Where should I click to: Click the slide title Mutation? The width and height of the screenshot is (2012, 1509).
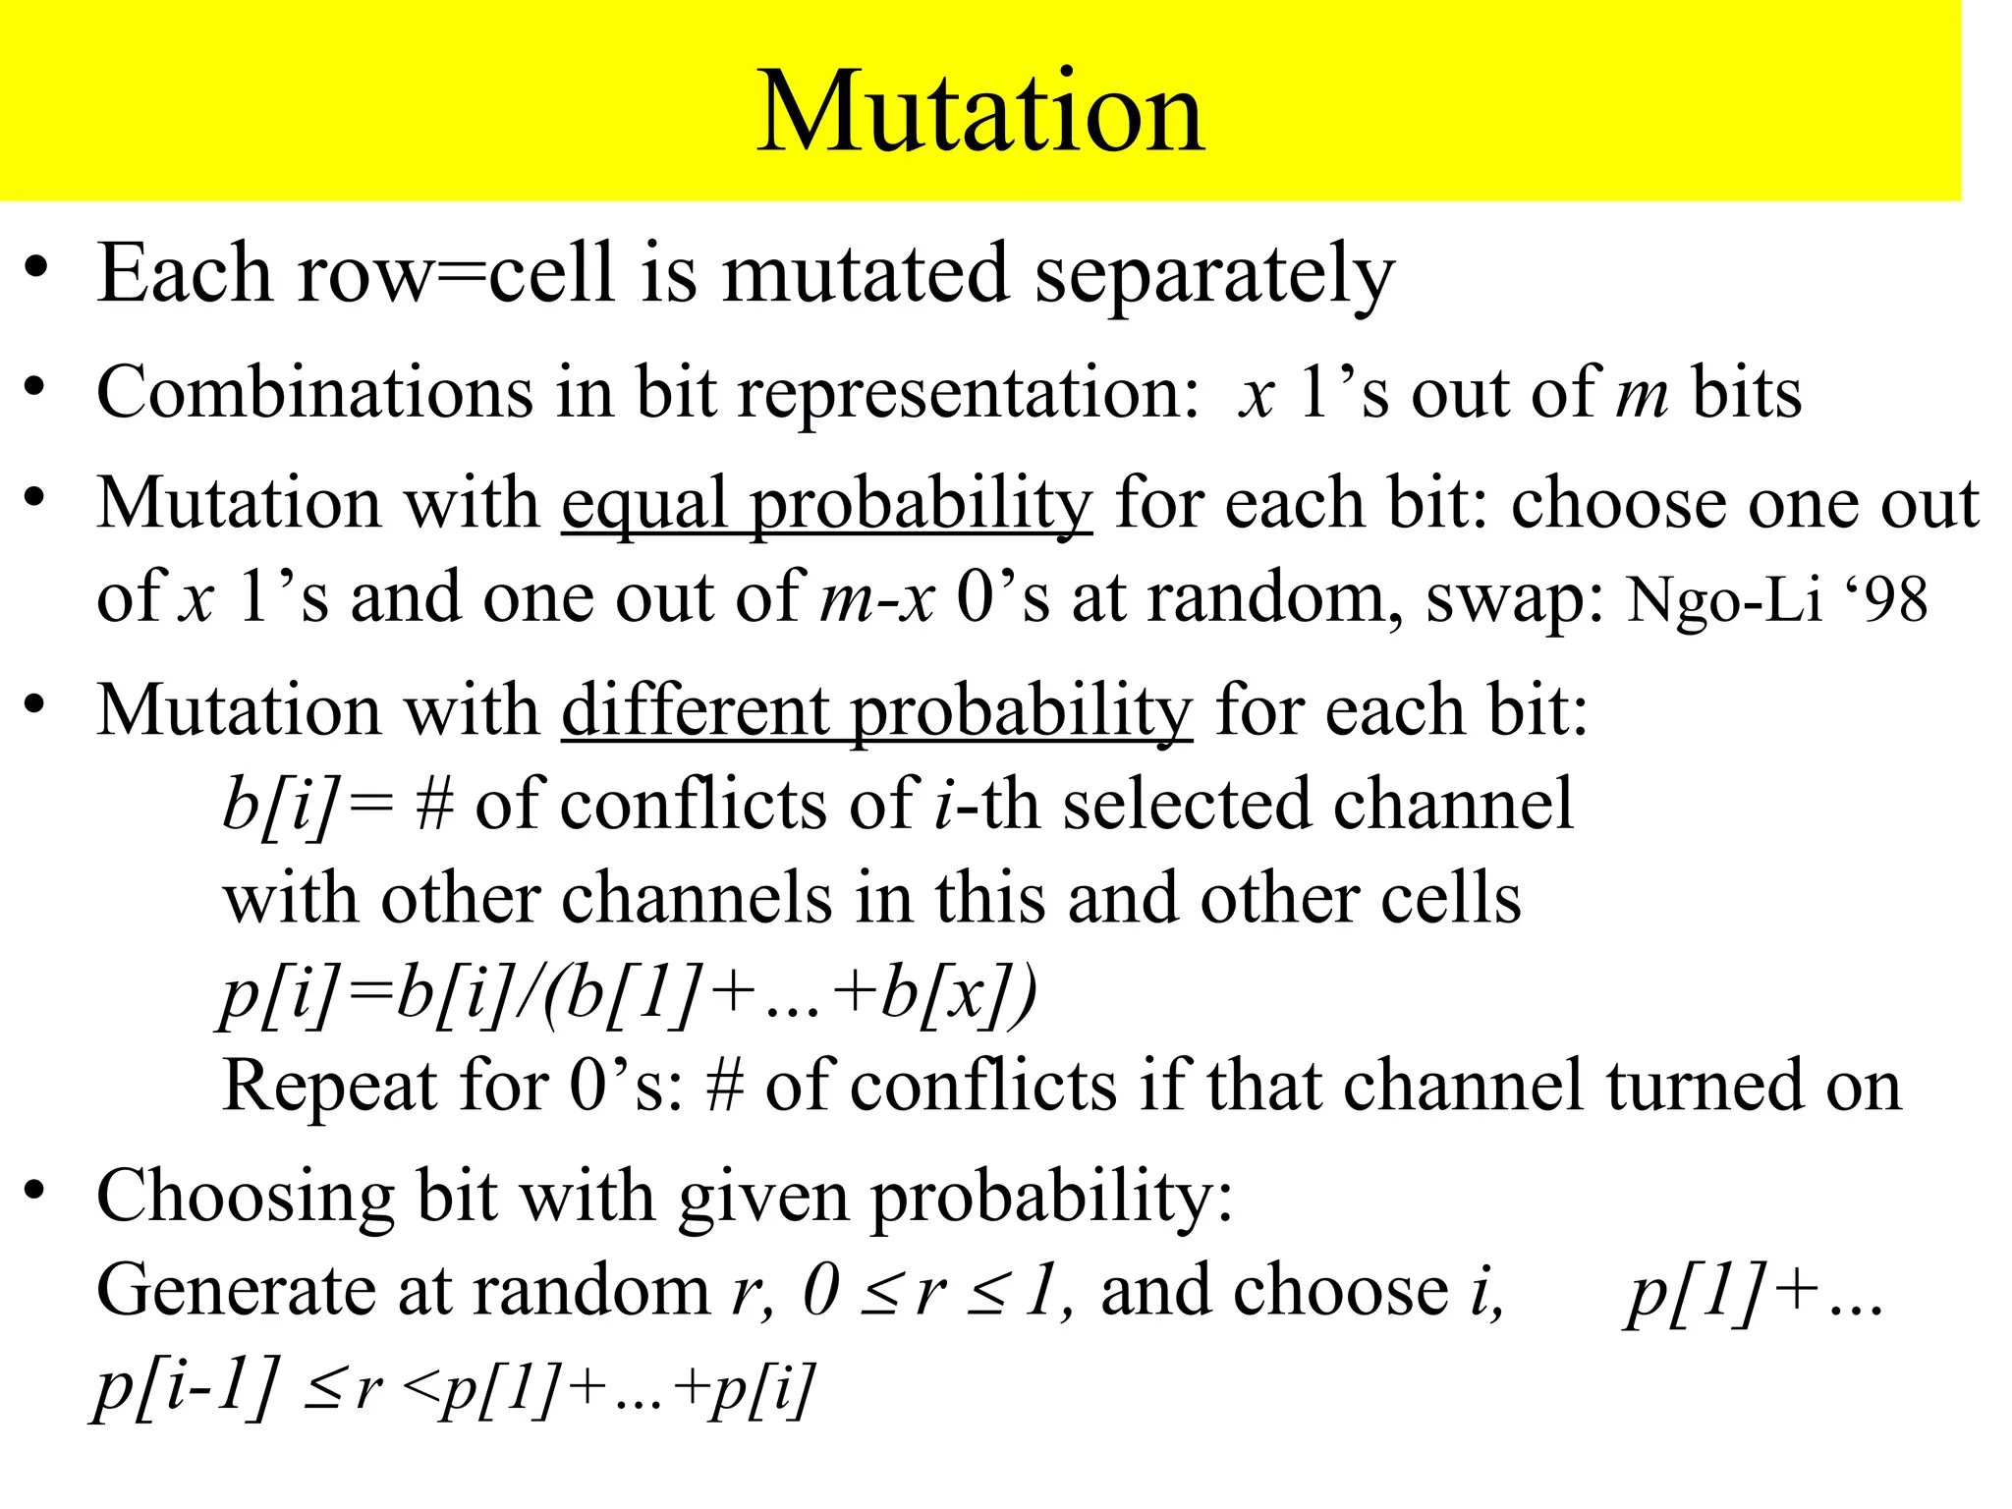pos(980,112)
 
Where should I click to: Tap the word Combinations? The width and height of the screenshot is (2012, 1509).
pos(314,393)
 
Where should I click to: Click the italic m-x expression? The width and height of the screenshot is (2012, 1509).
pos(876,599)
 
